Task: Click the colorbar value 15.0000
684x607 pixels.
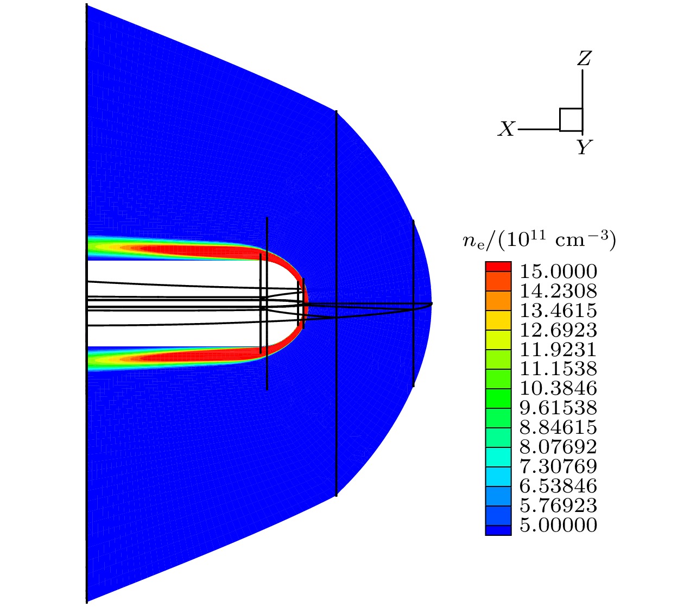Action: coord(558,271)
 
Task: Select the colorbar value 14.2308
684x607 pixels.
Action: coord(558,290)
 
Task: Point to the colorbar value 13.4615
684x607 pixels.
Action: coord(558,310)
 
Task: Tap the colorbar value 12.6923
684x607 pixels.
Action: coord(558,330)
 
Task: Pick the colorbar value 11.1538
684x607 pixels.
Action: coord(558,369)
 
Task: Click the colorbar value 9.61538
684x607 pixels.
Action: coord(558,408)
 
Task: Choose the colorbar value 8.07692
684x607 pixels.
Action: coord(558,447)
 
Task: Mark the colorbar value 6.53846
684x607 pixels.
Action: coord(558,486)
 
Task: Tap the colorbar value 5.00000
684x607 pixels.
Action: coord(558,525)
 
